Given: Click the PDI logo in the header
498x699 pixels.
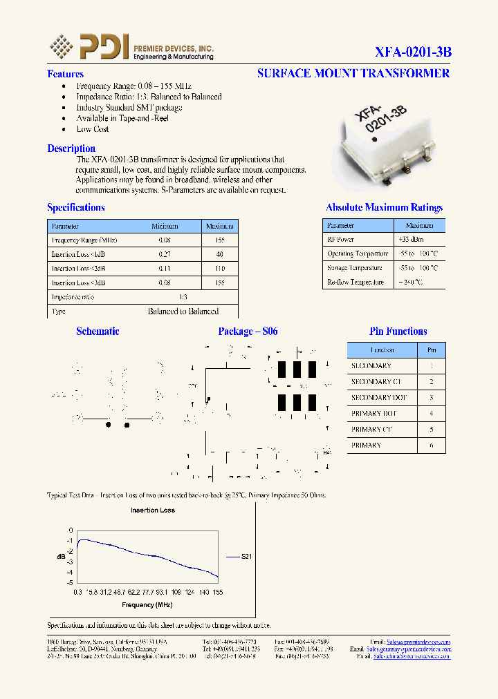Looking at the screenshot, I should click(x=90, y=47).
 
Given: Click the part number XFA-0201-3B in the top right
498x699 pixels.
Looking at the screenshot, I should click(x=413, y=52).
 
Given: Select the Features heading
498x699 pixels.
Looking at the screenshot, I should click(x=65, y=74).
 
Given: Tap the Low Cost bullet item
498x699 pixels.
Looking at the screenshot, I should click(x=93, y=129).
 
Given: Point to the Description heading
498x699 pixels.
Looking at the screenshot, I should click(x=71, y=149).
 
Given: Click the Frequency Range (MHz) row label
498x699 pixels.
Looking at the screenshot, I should click(x=84, y=240).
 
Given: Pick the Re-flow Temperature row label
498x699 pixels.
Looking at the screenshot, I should click(x=356, y=283).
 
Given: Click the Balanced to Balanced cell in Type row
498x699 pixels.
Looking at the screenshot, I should click(x=183, y=312).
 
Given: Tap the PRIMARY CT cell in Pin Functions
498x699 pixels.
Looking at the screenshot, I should click(x=371, y=430).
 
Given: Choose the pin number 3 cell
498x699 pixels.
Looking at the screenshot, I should click(x=432, y=398).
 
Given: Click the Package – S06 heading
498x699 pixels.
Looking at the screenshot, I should click(x=248, y=332).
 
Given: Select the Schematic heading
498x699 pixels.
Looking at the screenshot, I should click(x=98, y=332).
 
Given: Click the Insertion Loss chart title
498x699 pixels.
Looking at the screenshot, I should click(x=153, y=510).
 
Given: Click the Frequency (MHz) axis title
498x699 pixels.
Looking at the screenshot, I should click(x=147, y=605).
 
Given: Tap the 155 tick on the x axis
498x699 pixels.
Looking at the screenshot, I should click(x=218, y=593).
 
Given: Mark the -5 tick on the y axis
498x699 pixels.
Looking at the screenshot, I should click(x=70, y=583).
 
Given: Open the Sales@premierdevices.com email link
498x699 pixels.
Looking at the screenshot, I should click(x=418, y=642).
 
